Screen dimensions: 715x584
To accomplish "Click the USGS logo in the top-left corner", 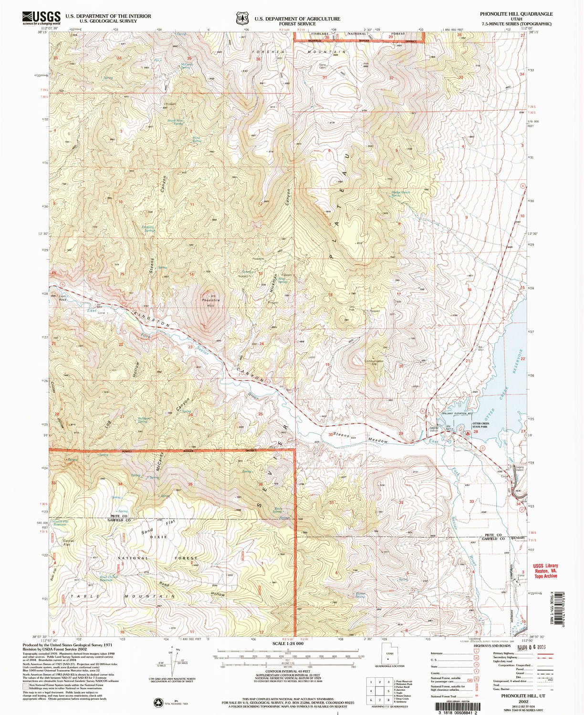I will click(x=41, y=18).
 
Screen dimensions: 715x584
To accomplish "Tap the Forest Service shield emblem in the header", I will click(x=243, y=18).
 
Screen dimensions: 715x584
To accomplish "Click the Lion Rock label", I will click(x=61, y=298).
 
